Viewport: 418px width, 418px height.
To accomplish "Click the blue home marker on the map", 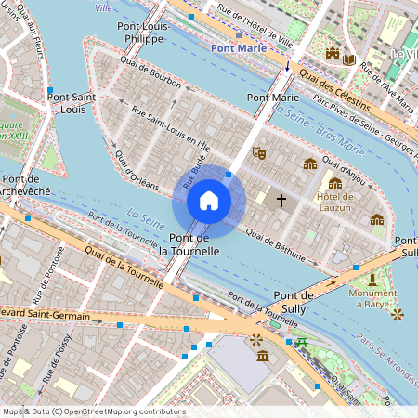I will coord(209,201).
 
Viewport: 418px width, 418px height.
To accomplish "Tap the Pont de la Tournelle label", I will coord(189,244).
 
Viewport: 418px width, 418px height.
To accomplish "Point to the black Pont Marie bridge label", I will coord(272,97).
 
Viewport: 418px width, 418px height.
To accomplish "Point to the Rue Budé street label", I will coord(198,168).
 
